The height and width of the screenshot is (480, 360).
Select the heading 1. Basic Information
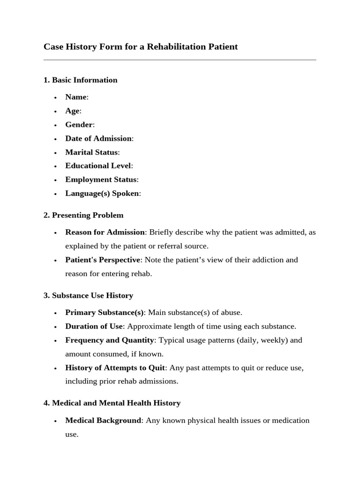coord(80,80)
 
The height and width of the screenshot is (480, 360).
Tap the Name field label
coord(76,97)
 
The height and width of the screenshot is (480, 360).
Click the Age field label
coord(72,111)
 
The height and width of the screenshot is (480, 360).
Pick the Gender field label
coord(79,125)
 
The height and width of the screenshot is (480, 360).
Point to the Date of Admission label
coord(98,138)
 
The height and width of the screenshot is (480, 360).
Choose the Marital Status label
coord(91,152)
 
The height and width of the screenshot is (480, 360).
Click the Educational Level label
coord(98,166)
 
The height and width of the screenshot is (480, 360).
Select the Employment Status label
coord(101,180)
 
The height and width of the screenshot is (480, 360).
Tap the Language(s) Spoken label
coord(102,194)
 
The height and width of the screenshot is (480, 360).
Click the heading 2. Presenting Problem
coord(83,216)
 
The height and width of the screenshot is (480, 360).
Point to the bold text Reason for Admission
coord(105,232)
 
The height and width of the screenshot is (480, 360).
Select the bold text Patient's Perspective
coord(103,260)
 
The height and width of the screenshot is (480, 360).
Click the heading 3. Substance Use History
coord(88,296)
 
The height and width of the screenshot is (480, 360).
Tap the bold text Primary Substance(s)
coord(105,313)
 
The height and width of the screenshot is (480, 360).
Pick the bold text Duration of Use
coord(94,326)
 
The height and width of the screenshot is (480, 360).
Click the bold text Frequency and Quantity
coord(109,340)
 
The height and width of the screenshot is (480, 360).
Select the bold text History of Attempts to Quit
coord(115,368)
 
